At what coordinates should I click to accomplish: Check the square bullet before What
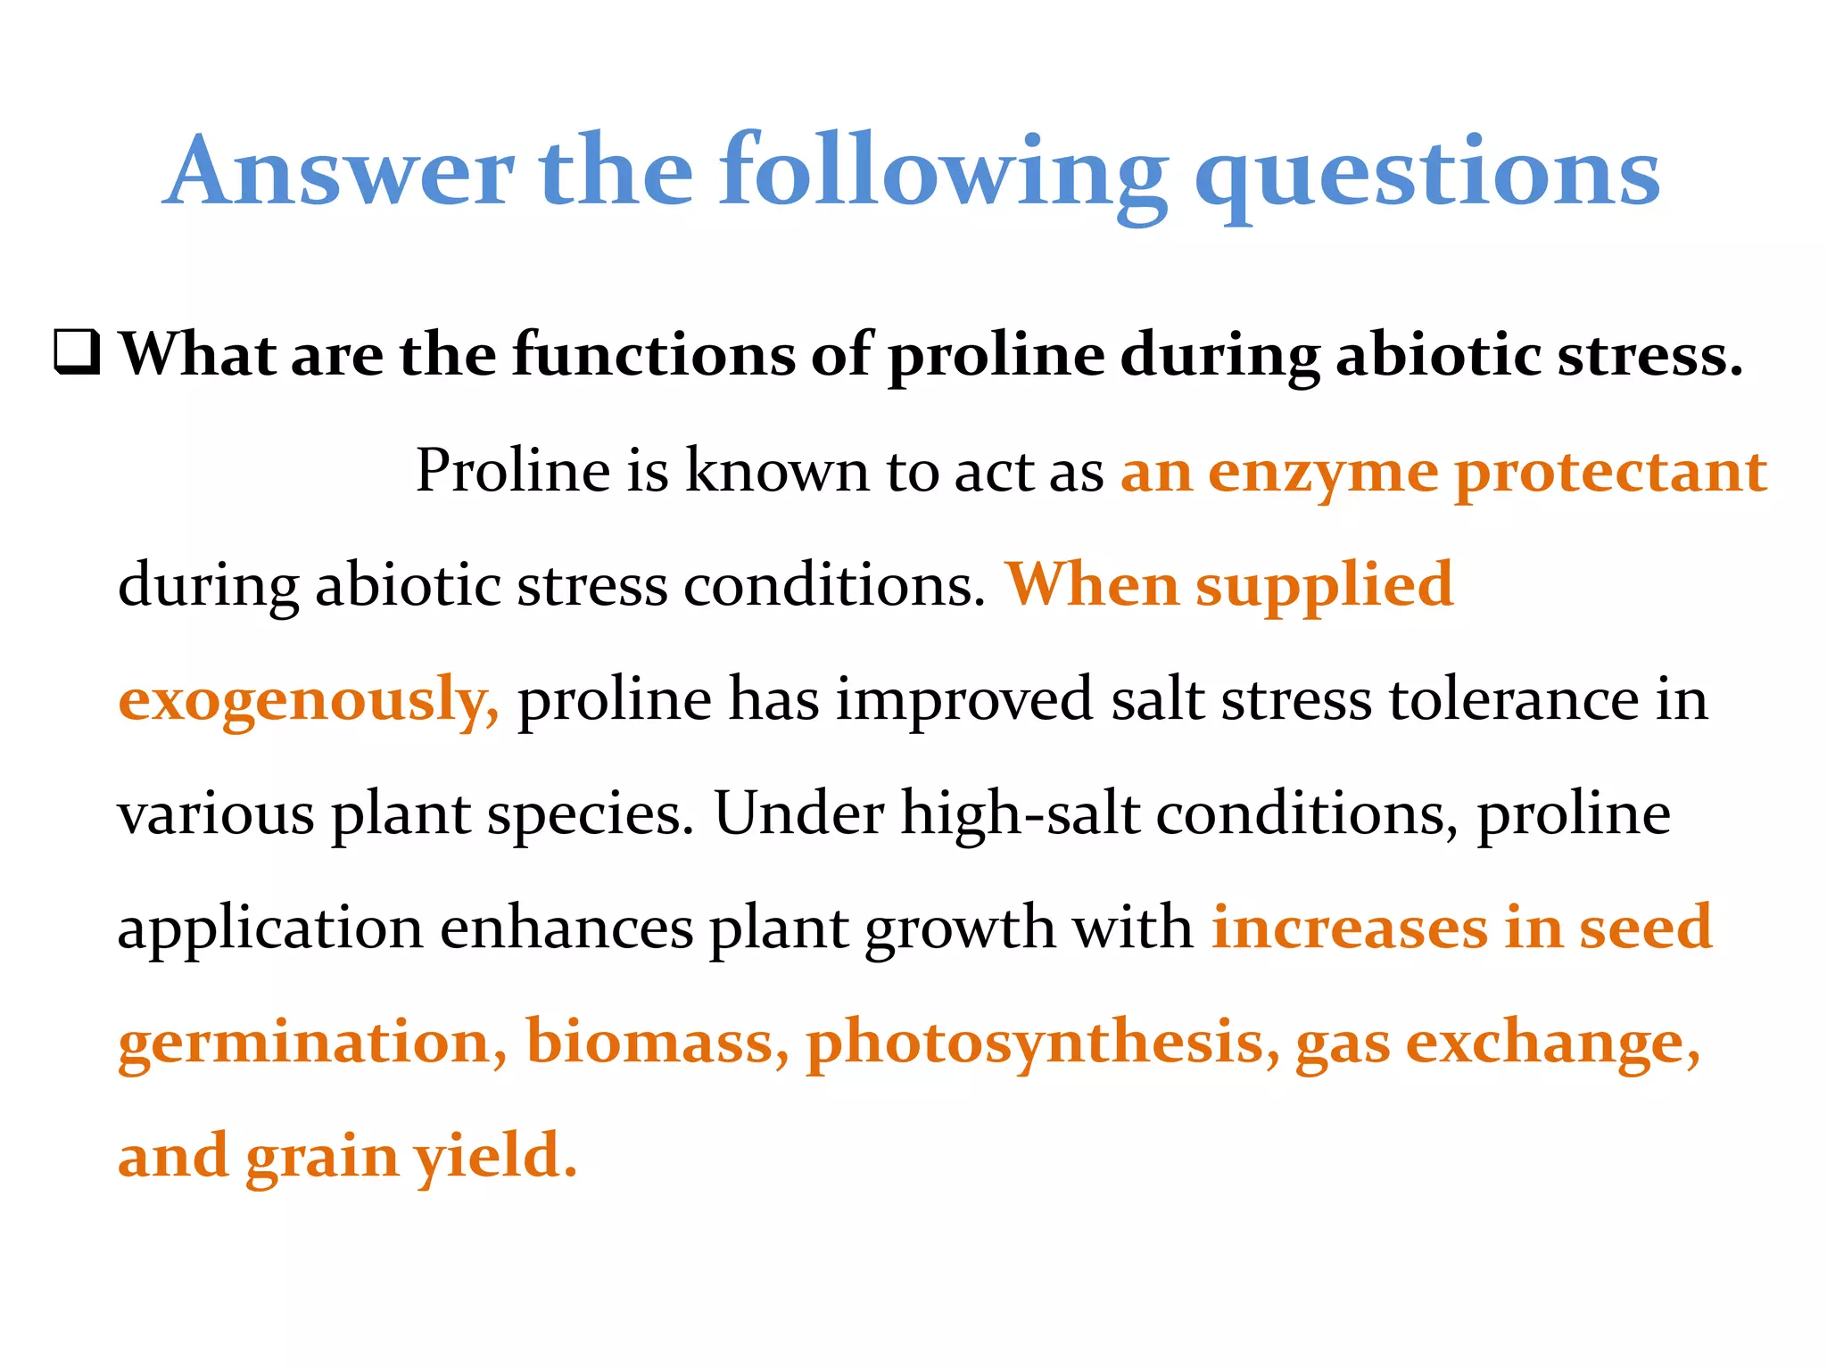click(77, 353)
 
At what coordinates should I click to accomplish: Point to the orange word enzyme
click(1323, 473)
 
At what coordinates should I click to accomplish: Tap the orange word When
click(1092, 585)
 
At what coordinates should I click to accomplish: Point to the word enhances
click(566, 928)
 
